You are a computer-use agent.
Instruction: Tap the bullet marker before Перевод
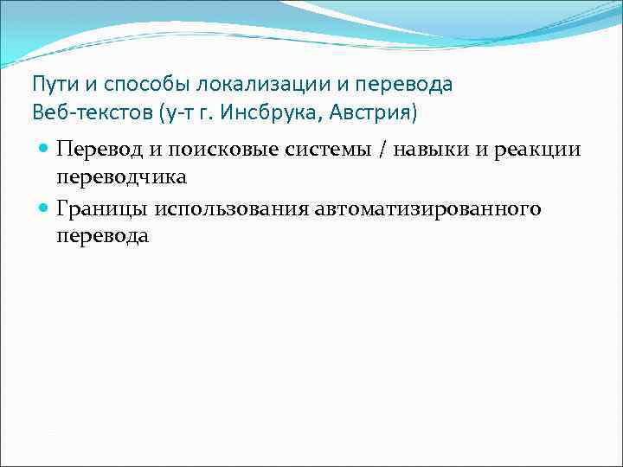pyautogui.click(x=43, y=150)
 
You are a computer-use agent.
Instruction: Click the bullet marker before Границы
pyautogui.click(x=43, y=208)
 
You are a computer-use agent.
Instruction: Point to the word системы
pyautogui.click(x=311, y=150)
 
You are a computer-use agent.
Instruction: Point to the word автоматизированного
pyautogui.click(x=429, y=208)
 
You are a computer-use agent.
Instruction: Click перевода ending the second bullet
pyautogui.click(x=102, y=235)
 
